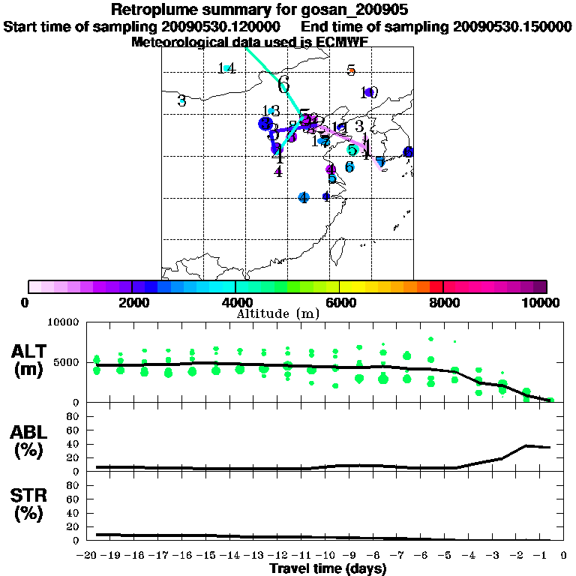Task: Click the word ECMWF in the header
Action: click(x=344, y=42)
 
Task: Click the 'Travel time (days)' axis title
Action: click(x=328, y=568)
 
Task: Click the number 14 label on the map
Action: click(x=226, y=69)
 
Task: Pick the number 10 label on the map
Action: click(x=368, y=93)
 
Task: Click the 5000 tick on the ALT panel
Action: click(x=68, y=362)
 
